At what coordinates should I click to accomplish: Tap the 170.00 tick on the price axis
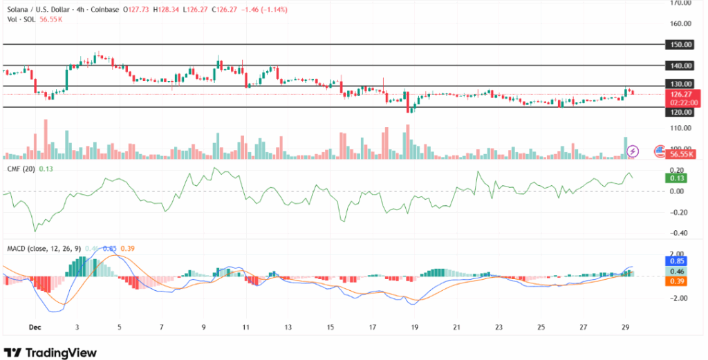[x=681, y=3]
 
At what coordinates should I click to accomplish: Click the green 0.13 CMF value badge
[x=674, y=178]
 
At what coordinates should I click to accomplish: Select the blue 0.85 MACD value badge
[x=674, y=261]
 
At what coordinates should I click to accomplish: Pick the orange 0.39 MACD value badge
[x=674, y=281]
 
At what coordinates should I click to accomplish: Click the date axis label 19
[x=414, y=327]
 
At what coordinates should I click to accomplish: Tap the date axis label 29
[x=624, y=327]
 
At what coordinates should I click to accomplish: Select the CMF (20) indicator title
[x=20, y=169]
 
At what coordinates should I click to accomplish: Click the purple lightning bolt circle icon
[x=632, y=151]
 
